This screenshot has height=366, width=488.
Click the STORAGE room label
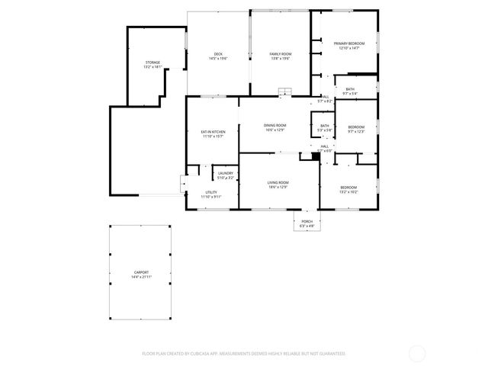(152, 63)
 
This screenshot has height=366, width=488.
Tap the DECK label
(218, 53)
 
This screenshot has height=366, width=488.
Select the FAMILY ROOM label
(281, 53)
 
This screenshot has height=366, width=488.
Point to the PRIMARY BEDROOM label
(349, 43)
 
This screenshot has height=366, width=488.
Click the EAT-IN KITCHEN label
(212, 132)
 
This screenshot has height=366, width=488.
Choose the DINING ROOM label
(275, 125)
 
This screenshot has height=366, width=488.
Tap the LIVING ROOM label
(278, 182)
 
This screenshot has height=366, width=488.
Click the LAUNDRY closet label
(225, 173)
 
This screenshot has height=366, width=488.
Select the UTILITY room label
(210, 192)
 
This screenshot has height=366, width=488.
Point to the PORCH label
(307, 222)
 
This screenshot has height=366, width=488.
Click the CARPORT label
(141, 271)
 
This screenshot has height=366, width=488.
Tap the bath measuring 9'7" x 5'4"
(349, 89)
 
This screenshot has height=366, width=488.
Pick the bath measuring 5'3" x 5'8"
(325, 126)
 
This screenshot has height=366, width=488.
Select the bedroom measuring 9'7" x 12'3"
(356, 127)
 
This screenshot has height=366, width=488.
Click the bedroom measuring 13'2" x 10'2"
(348, 187)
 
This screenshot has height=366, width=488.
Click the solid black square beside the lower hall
(315, 156)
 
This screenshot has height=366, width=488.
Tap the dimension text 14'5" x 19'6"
(218, 59)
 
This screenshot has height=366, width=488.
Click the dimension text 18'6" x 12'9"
(278, 187)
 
